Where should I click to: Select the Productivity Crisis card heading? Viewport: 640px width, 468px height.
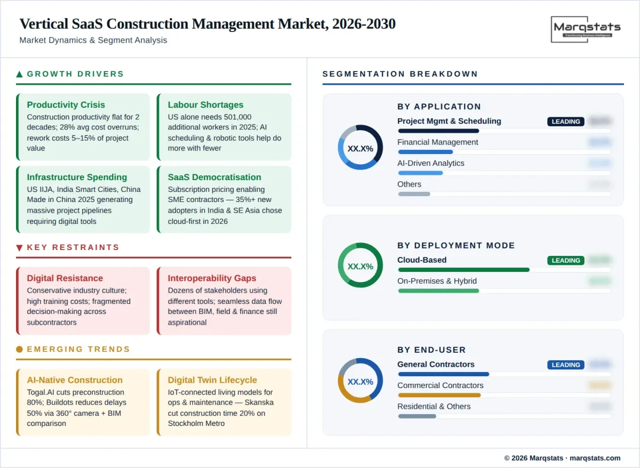[66, 105]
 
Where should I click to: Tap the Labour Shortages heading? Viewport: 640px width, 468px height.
[205, 105]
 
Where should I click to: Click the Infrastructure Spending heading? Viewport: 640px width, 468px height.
[77, 177]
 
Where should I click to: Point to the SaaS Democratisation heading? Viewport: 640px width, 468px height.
[214, 177]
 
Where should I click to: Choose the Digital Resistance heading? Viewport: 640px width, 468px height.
[65, 278]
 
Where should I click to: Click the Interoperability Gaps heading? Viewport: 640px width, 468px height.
[212, 278]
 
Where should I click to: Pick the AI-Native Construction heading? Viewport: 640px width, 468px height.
[75, 380]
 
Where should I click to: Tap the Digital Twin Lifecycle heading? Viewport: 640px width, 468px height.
[212, 380]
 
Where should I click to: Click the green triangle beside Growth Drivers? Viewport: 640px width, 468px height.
[20, 75]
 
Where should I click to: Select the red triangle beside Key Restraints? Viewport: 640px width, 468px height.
[20, 248]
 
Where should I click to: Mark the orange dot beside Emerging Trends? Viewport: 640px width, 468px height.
[20, 350]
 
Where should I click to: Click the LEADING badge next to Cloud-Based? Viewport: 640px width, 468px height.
[565, 261]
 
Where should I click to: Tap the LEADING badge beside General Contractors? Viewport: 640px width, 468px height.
[565, 365]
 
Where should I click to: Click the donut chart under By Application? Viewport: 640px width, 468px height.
[360, 148]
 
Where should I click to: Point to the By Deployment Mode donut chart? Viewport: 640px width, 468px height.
[360, 265]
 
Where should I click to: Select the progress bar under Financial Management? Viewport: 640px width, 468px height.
[425, 152]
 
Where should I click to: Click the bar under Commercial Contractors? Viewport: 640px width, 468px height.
[439, 395]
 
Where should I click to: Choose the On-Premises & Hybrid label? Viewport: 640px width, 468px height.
[437, 281]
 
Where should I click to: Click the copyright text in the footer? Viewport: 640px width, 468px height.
[562, 458]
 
